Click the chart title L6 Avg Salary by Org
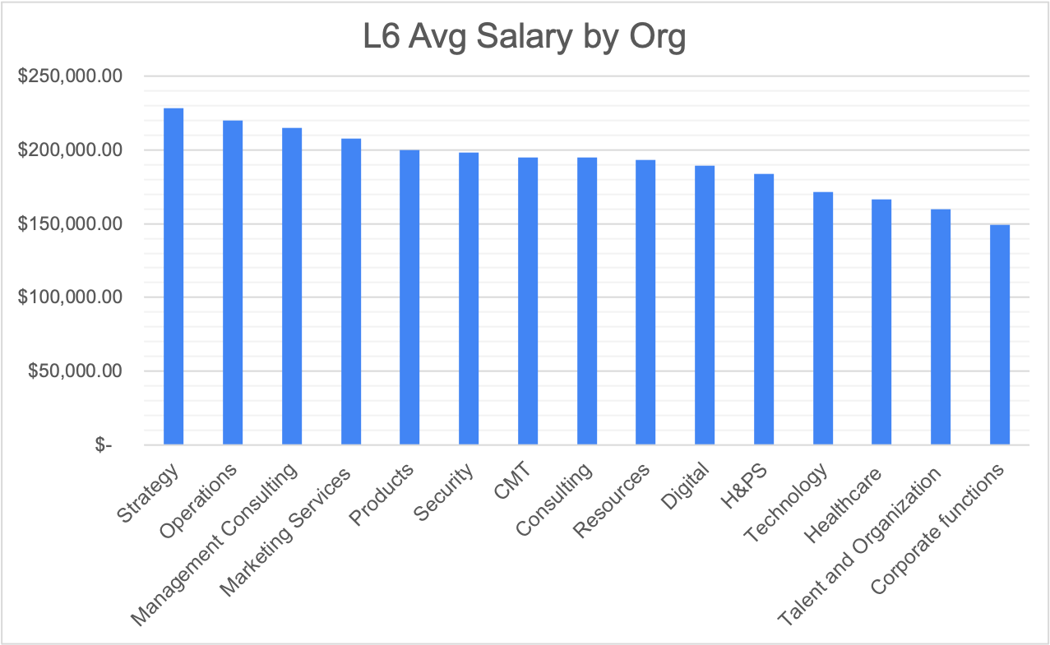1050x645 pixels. pos(525,39)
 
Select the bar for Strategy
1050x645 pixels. pos(173,277)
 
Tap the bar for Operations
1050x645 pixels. pos(233,283)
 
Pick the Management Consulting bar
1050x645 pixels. pos(292,287)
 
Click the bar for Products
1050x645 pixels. pos(409,297)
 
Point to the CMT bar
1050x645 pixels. pos(528,302)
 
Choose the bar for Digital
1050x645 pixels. pos(705,306)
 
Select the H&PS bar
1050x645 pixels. pos(764,310)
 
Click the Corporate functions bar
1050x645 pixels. pos(1000,335)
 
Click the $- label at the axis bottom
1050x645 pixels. pos(104,445)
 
